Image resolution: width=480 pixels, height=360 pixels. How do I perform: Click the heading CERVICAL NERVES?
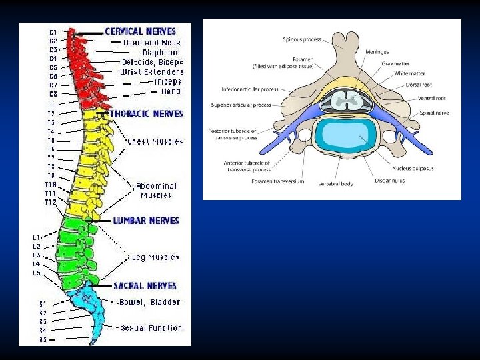tap(140, 31)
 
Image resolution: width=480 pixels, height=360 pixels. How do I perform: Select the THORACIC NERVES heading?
tap(146, 114)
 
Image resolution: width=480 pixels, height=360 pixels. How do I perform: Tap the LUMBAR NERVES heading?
tap(146, 220)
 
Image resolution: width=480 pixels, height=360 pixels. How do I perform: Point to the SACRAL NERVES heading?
tap(145, 285)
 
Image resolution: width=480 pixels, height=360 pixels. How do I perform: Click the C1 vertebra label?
tap(53, 31)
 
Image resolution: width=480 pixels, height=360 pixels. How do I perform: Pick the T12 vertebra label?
tap(51, 202)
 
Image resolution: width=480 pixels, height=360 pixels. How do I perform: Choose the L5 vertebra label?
tap(37, 273)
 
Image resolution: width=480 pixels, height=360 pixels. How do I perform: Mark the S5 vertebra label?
tap(43, 339)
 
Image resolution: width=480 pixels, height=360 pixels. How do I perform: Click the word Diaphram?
tap(161, 52)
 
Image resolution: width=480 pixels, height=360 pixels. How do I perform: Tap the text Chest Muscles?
tap(155, 141)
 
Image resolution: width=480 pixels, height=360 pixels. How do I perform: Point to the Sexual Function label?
tap(151, 327)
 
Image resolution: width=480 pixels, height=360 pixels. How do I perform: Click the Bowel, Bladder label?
tap(149, 302)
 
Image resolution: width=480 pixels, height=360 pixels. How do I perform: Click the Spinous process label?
tap(303, 39)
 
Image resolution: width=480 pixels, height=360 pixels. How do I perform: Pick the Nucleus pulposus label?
tap(413, 168)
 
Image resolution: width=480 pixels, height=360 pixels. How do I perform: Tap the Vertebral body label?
tap(335, 183)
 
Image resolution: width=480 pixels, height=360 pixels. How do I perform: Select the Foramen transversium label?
tap(279, 181)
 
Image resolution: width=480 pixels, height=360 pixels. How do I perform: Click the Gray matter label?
tap(396, 63)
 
